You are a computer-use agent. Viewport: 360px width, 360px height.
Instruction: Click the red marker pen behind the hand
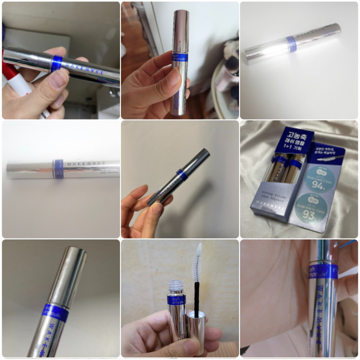click(x=14, y=77)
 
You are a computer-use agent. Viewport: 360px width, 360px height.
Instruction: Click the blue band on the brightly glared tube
click(x=291, y=44)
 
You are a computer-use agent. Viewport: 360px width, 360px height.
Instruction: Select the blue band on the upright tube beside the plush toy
click(x=180, y=57)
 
